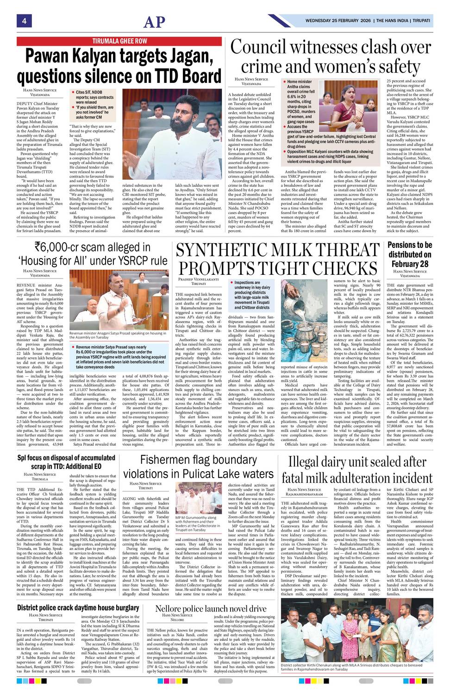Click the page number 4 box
click(23, 21)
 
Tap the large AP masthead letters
click(154, 22)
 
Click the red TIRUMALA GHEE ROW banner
click(119, 41)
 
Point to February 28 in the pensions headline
click(410, 264)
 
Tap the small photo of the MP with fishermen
click(199, 498)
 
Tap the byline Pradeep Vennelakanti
click(198, 279)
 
